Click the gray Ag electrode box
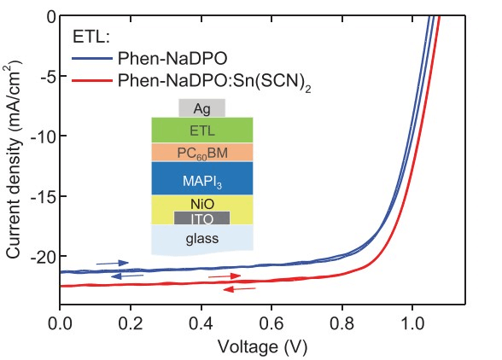click(201, 107)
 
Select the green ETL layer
click(201, 130)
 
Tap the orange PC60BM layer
click(201, 153)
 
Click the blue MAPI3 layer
click(201, 178)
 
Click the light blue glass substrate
click(201, 239)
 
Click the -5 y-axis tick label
click(47, 77)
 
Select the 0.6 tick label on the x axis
click(271, 324)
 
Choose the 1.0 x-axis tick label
click(412, 324)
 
